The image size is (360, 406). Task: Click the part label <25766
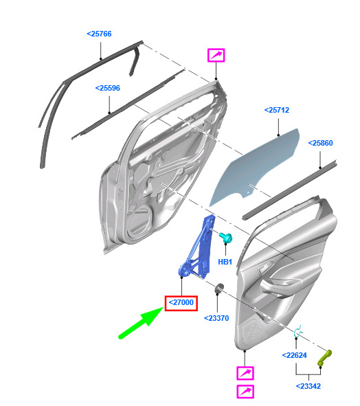tap(99, 34)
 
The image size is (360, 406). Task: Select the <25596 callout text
tap(108, 88)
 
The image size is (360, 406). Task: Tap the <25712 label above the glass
tap(277, 110)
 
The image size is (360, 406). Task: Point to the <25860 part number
tap(320, 143)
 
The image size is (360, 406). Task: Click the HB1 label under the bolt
tap(225, 262)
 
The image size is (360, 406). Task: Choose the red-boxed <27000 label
tap(181, 302)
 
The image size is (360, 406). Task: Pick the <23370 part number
tap(216, 318)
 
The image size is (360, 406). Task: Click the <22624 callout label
tap(294, 355)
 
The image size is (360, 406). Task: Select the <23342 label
tap(308, 386)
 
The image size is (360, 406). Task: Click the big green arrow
tap(141, 323)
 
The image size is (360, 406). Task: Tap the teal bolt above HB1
tap(225, 238)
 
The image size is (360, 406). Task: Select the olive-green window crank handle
tap(324, 358)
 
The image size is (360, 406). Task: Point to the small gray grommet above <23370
tap(220, 288)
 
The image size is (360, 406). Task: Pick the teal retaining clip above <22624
tap(298, 331)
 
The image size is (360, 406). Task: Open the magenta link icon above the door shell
tap(216, 56)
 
